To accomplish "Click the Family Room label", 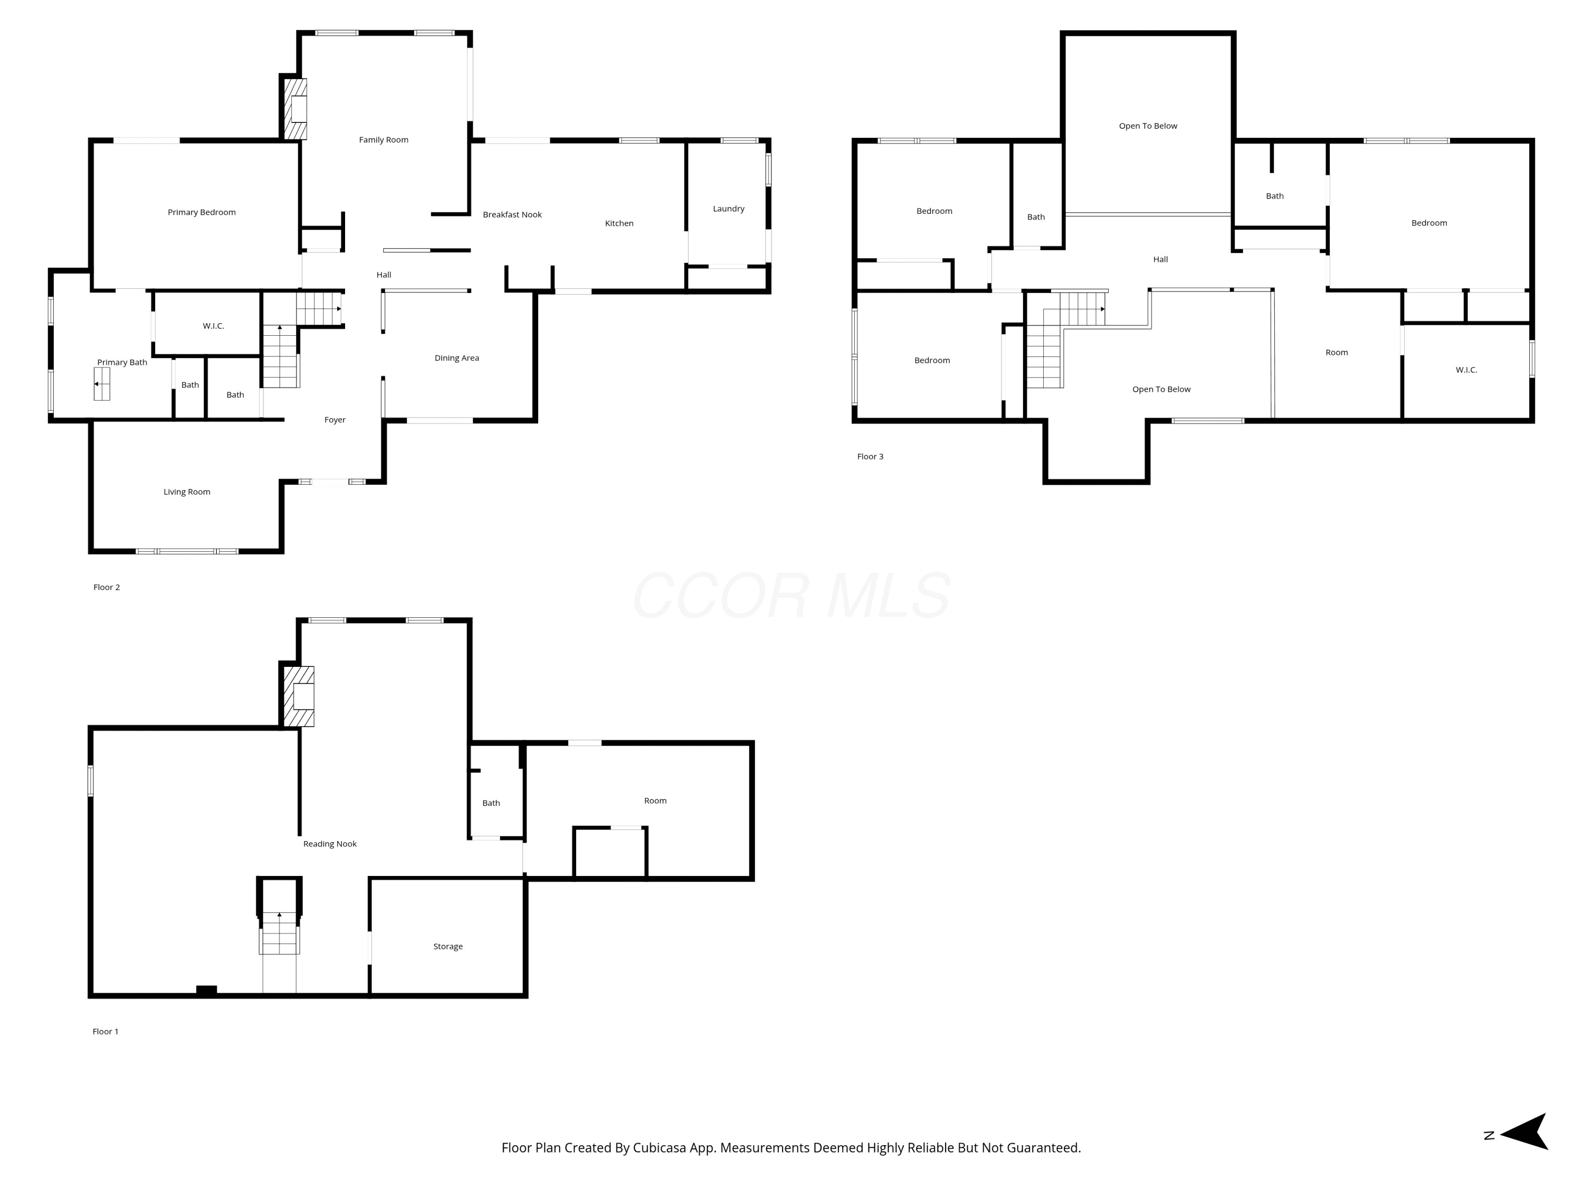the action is coord(384,139).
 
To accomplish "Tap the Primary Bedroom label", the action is coord(202,212).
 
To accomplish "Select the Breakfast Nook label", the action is coord(512,214).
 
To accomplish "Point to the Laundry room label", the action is coord(729,209).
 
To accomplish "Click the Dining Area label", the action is coord(456,358).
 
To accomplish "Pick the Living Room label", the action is coord(187,492).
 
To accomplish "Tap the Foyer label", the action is coord(335,420).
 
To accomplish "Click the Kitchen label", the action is coord(619,223).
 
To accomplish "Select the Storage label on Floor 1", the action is coord(448,947).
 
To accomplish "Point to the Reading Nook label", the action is coord(330,844).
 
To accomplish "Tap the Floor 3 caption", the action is coord(870,456).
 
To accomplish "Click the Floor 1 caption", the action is coord(105,1031).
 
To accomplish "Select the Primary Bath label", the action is coord(122,362).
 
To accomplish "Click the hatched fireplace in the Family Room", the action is coord(295,109).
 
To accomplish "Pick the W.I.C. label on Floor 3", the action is coord(1466,370).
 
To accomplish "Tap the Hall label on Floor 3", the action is coord(1161,259).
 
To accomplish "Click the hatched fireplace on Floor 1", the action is coord(299,697).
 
